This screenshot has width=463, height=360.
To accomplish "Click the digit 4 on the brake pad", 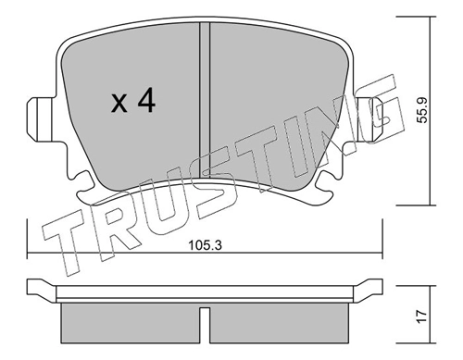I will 145,102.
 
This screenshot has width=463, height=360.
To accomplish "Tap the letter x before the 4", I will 119,105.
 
